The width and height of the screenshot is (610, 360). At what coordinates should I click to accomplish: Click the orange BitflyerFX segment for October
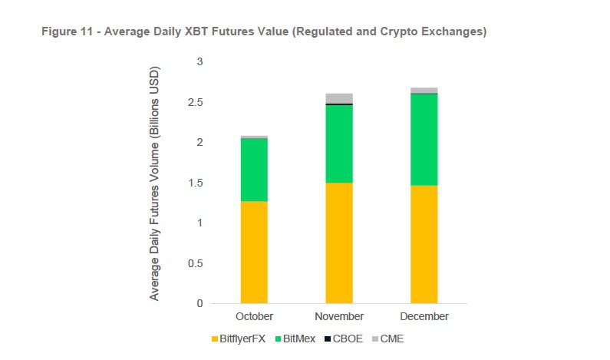(254, 252)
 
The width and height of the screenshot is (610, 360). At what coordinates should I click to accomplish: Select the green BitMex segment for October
(254, 170)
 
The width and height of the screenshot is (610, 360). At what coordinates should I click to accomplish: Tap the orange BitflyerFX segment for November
(339, 243)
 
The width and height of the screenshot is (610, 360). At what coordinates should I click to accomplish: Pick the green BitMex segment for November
(339, 144)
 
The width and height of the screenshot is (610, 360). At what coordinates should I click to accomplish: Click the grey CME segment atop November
(339, 98)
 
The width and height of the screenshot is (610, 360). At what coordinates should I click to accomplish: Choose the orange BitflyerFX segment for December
(424, 244)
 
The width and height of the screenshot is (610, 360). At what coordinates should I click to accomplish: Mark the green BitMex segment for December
(424, 139)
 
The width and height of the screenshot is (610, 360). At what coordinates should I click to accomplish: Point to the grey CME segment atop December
(424, 91)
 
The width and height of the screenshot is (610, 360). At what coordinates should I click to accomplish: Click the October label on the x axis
(254, 316)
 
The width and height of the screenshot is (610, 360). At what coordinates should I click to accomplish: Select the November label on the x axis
(339, 316)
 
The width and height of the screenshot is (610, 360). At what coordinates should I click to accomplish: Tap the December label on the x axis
(424, 316)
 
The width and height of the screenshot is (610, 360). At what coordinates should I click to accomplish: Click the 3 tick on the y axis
(199, 61)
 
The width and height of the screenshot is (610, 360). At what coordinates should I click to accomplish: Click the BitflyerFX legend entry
(238, 339)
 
